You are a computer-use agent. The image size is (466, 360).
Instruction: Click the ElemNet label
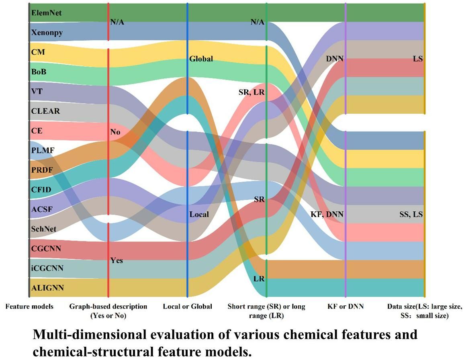tap(46, 13)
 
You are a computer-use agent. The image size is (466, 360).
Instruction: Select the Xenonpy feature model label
tap(47, 33)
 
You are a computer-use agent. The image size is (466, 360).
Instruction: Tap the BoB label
tap(39, 72)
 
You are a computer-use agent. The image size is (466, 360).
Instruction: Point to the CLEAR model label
tap(45, 111)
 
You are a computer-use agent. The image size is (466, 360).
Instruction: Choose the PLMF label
tap(43, 150)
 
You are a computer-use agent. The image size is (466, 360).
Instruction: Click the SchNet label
tap(44, 229)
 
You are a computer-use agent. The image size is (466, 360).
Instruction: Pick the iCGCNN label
tap(47, 268)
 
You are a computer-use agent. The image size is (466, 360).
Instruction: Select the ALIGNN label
tap(47, 288)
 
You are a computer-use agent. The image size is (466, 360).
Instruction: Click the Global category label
tap(201, 59)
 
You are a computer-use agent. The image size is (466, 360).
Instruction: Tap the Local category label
tap(199, 214)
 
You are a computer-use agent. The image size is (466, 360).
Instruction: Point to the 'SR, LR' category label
tap(251, 92)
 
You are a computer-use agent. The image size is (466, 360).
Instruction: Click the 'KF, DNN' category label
tap(327, 214)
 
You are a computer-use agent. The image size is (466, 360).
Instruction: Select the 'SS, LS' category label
tap(409, 214)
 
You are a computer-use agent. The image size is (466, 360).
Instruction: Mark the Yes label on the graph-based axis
tap(117, 260)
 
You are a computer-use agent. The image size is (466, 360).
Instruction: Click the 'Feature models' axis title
tap(29, 307)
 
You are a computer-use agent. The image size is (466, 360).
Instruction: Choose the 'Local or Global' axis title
tap(187, 307)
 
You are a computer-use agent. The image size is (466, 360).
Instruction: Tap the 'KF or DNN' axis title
tap(345, 307)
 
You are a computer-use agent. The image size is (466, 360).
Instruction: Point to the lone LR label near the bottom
tap(259, 278)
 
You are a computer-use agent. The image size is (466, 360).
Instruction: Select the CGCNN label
tap(46, 249)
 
